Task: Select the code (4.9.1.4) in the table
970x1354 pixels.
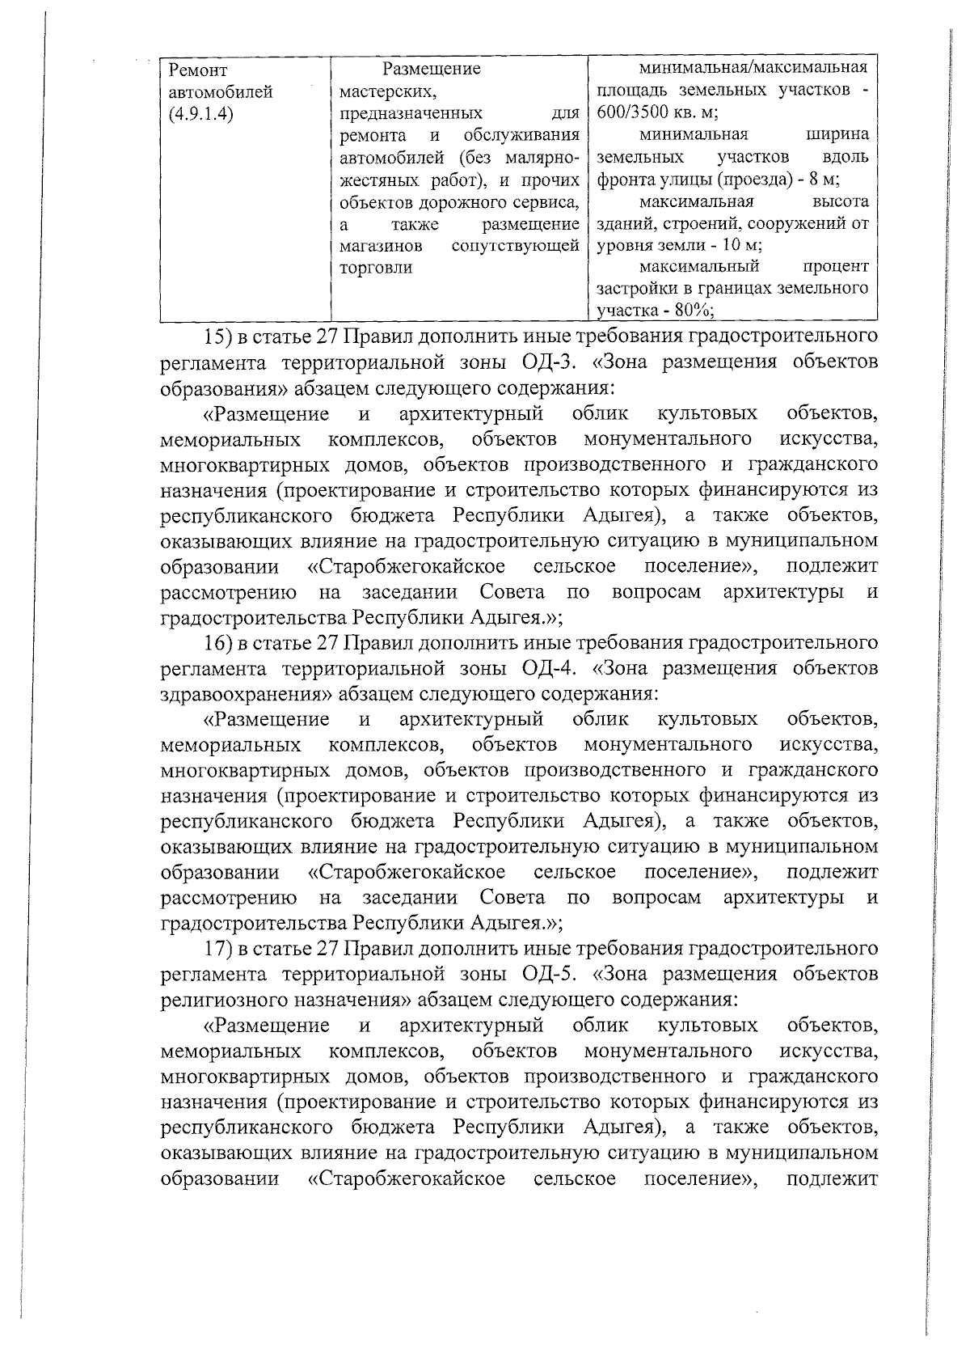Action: pyautogui.click(x=201, y=114)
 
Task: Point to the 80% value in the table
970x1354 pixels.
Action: pyautogui.click(x=687, y=311)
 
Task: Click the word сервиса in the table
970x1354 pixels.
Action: pyautogui.click(x=550, y=201)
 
